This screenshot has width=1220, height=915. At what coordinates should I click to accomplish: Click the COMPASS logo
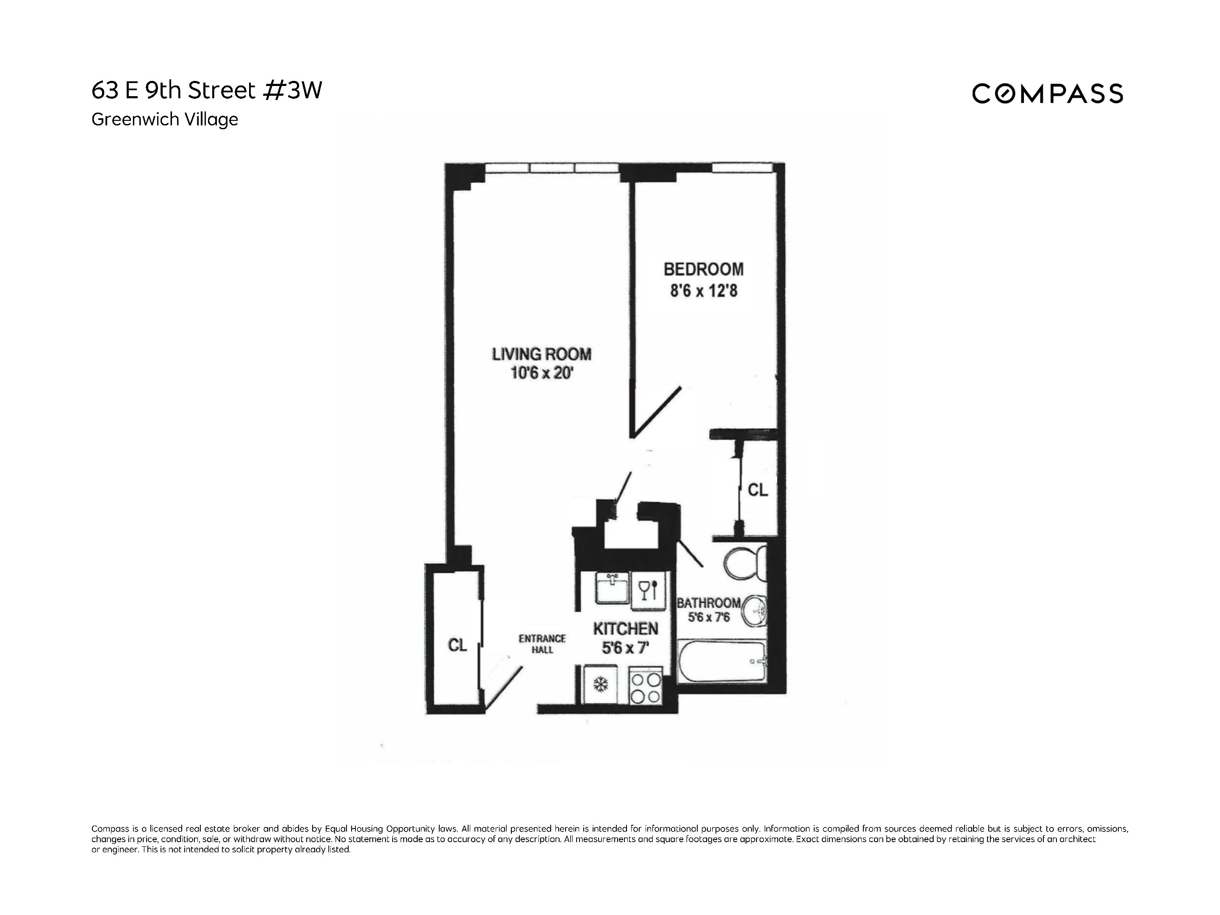point(1047,94)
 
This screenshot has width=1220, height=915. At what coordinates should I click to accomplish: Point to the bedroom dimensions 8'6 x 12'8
point(703,291)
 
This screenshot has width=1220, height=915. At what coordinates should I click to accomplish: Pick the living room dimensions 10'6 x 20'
point(542,373)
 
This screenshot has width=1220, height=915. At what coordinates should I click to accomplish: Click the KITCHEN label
point(625,629)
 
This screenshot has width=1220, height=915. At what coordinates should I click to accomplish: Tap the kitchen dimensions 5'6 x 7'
point(625,648)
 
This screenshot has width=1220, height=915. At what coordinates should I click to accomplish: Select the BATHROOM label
point(708,603)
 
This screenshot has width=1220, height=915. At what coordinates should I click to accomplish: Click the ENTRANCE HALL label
point(542,643)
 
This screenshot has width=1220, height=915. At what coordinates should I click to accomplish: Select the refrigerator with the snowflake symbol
point(601,685)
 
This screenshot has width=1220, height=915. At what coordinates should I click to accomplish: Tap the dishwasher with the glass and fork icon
point(648,590)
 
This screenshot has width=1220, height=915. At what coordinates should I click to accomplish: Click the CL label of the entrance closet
point(457,645)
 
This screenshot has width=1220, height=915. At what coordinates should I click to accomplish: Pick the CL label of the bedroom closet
point(757,489)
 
